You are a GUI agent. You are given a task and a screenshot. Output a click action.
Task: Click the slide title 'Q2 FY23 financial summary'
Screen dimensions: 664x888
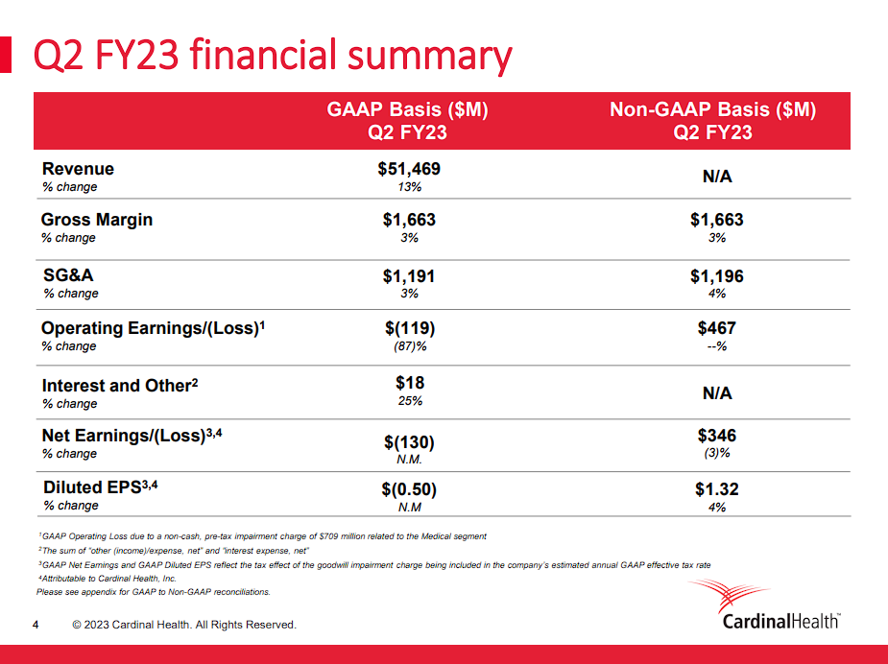tap(273, 57)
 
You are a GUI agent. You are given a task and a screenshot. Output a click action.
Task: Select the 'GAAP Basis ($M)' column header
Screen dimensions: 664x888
tap(408, 110)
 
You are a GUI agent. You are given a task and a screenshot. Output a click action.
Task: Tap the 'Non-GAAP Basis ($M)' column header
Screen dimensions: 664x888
tap(712, 110)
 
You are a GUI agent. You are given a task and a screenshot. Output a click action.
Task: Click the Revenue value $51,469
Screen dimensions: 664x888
tap(409, 169)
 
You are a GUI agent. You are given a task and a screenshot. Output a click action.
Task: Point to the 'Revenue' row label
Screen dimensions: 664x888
tap(78, 169)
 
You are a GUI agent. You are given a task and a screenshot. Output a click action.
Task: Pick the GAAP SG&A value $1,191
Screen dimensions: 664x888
tap(409, 276)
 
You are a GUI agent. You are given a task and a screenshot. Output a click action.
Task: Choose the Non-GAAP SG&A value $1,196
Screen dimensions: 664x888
tap(716, 276)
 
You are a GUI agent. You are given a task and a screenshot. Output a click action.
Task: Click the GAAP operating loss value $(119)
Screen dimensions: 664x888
tap(409, 328)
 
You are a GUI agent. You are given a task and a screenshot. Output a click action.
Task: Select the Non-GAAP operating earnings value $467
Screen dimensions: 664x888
tap(716, 328)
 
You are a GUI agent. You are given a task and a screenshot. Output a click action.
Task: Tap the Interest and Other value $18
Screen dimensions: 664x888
tap(409, 383)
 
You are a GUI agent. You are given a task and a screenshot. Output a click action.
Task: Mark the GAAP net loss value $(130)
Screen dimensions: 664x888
tap(409, 442)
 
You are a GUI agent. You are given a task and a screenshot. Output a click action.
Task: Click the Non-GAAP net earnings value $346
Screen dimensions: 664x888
tap(716, 436)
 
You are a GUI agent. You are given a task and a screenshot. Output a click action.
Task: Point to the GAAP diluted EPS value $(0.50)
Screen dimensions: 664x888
tap(409, 489)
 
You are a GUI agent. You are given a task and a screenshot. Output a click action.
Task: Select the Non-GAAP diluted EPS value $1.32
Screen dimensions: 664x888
tap(716, 489)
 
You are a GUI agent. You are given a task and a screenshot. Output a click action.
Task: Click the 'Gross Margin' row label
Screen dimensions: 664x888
tap(96, 220)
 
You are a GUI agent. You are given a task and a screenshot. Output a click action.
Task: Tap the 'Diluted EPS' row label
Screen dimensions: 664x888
tap(92, 487)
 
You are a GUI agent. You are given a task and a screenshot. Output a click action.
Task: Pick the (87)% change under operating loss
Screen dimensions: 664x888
tap(409, 345)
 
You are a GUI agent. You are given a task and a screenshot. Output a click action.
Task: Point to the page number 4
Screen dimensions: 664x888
tap(36, 626)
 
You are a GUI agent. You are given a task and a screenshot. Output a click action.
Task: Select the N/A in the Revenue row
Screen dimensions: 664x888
tap(716, 177)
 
